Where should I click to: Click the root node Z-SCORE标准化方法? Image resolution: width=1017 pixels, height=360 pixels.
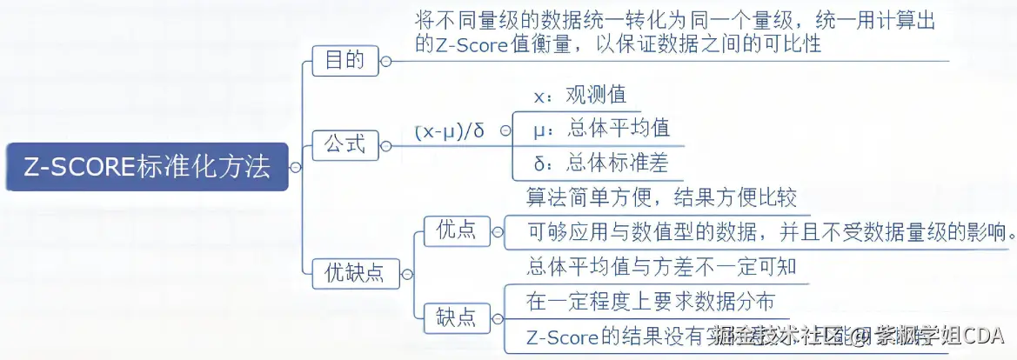146,167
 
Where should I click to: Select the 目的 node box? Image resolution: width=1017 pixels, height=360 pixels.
345,61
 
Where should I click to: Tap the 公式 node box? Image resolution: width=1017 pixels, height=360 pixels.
345,143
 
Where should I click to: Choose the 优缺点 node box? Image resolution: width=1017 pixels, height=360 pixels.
353,273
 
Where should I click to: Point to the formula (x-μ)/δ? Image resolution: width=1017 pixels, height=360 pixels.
449,131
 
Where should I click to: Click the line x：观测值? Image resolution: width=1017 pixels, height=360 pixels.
579,94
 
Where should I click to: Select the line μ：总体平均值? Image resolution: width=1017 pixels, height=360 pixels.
601,129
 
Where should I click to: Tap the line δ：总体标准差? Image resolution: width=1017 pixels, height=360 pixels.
601,163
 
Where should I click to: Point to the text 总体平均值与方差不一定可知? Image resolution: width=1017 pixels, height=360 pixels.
661,266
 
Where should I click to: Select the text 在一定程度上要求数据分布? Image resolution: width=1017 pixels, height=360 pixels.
651,301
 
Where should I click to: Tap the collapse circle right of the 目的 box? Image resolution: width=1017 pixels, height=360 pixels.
386,61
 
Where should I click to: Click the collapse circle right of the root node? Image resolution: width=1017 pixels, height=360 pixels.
296,167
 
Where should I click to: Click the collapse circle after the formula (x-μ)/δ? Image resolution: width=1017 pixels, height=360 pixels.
505,132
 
